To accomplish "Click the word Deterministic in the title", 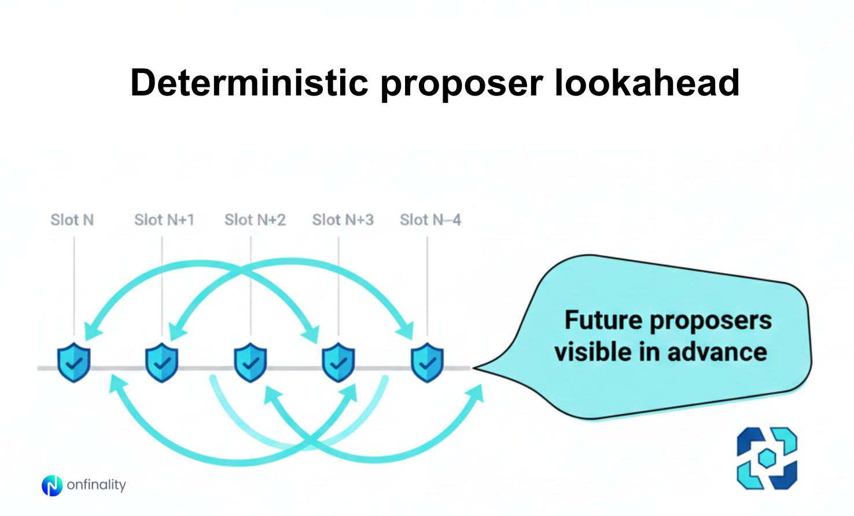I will click(249, 83).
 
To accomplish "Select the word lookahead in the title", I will click(647, 83).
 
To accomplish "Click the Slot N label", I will click(72, 220).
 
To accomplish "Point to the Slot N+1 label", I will click(164, 220).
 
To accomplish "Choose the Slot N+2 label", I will click(255, 220).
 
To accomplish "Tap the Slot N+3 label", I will click(343, 220).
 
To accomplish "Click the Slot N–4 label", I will click(430, 220).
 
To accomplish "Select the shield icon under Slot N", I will click(74, 362).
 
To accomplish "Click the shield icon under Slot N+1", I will click(162, 362).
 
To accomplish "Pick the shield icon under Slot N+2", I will click(251, 362).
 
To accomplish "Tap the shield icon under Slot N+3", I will click(338, 362).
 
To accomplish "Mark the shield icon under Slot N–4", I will click(428, 362).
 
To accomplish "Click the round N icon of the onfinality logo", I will click(52, 485).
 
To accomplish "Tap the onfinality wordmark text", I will click(97, 485).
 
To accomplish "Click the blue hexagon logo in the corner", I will click(767, 458).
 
